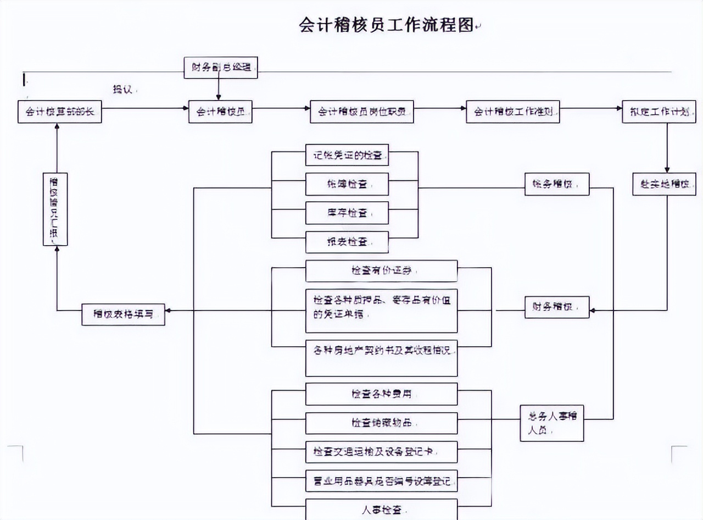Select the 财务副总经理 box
pyautogui.click(x=220, y=68)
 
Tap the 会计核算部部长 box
pyautogui.click(x=60, y=112)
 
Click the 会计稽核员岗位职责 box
pyautogui.click(x=361, y=112)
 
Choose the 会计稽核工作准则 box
pyautogui.click(x=512, y=112)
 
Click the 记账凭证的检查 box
pyautogui.click(x=347, y=155)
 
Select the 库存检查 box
pyautogui.click(x=347, y=213)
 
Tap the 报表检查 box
pyautogui.click(x=347, y=242)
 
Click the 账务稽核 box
pyautogui.click(x=556, y=184)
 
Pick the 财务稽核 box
pyautogui.click(x=556, y=307)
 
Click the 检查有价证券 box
pyautogui.click(x=381, y=271)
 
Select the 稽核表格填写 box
pyautogui.click(x=123, y=314)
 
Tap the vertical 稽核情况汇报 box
pyautogui.click(x=55, y=209)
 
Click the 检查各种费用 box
pyautogui.click(x=381, y=394)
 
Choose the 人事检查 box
pyautogui.click(x=381, y=509)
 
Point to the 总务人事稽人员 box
pyautogui.click(x=551, y=423)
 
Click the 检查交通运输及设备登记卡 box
pyautogui.click(x=381, y=452)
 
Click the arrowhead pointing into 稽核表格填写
pyautogui.click(x=169, y=311)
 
